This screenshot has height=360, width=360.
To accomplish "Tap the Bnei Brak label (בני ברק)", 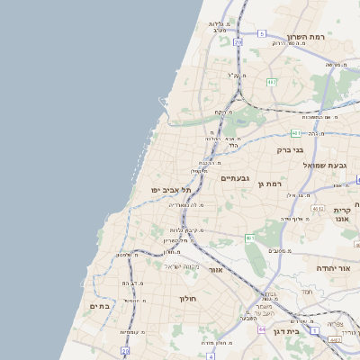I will pyautogui.click(x=311, y=149).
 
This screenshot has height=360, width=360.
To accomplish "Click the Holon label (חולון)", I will pyautogui.click(x=187, y=298).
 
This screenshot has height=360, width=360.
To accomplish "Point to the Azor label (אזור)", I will pyautogui.click(x=215, y=269).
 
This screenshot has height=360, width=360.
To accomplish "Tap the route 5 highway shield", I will pyautogui.click(x=262, y=33).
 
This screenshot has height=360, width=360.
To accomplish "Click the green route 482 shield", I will pyautogui.click(x=271, y=83).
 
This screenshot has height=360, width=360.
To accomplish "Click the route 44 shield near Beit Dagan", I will pyautogui.click(x=262, y=329).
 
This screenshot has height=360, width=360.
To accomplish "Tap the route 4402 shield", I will pyautogui.click(x=334, y=340).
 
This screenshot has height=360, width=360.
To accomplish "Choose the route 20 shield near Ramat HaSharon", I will pyautogui.click(x=238, y=41).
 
